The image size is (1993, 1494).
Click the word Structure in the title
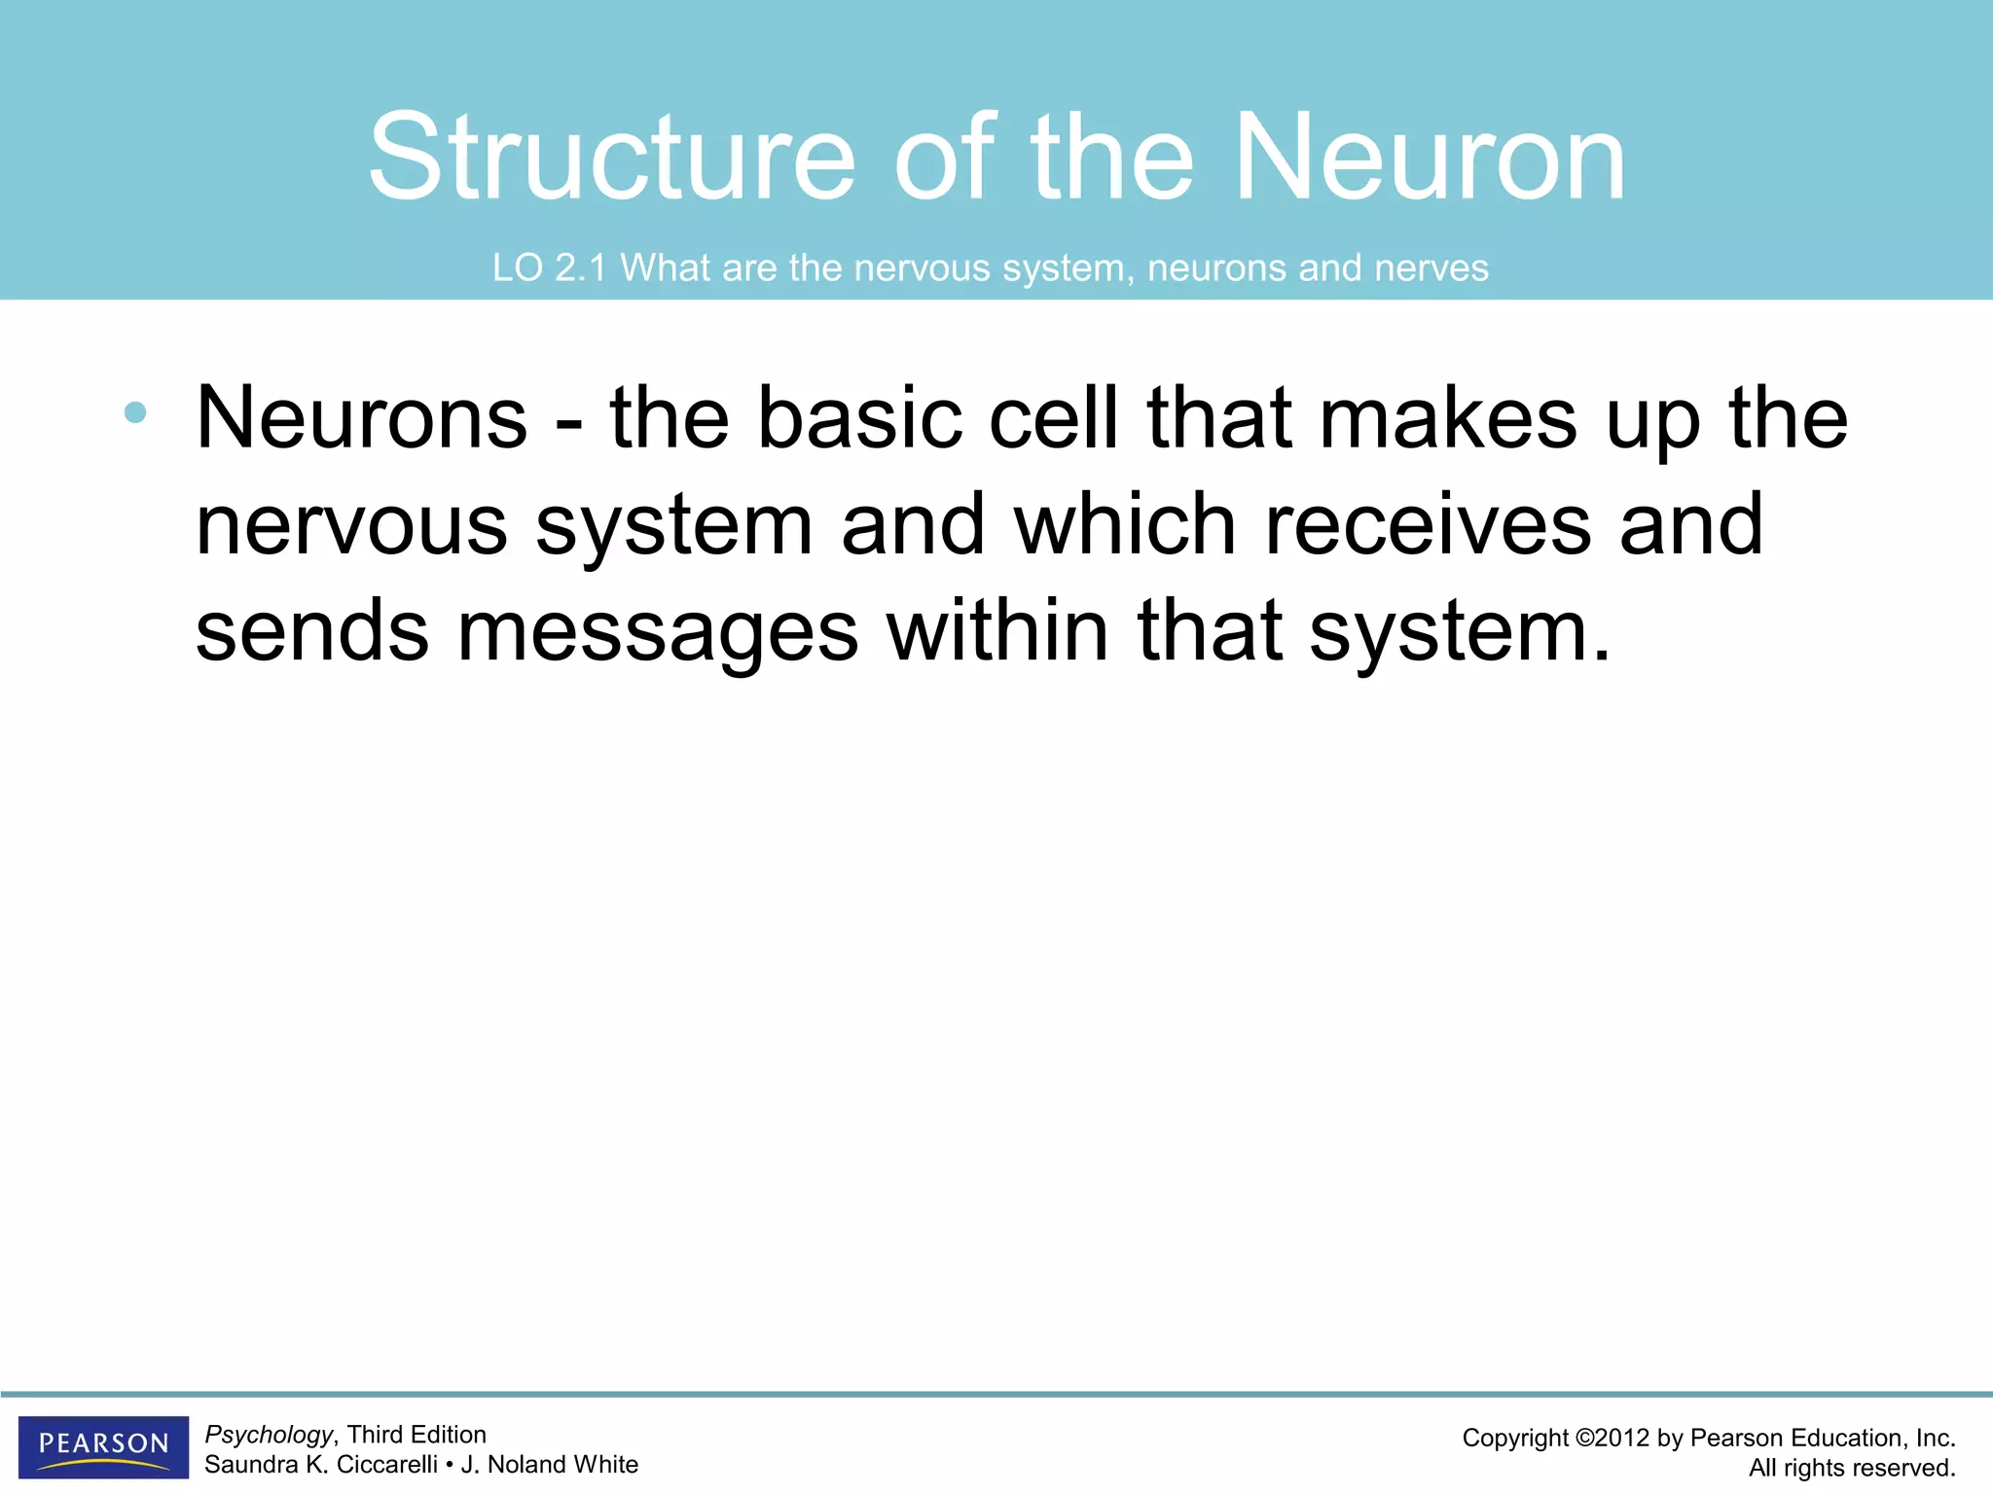611,158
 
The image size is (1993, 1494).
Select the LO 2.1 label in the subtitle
549,267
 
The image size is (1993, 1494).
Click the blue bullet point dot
135,412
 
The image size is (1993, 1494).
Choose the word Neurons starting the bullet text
361,418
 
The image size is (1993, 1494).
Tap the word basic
858,418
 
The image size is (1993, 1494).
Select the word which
1124,525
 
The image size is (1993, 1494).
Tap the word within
997,632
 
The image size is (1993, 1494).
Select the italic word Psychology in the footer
269,1435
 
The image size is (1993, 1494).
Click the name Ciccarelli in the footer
386,1465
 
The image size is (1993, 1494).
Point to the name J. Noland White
550,1465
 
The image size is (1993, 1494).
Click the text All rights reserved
1851,1468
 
